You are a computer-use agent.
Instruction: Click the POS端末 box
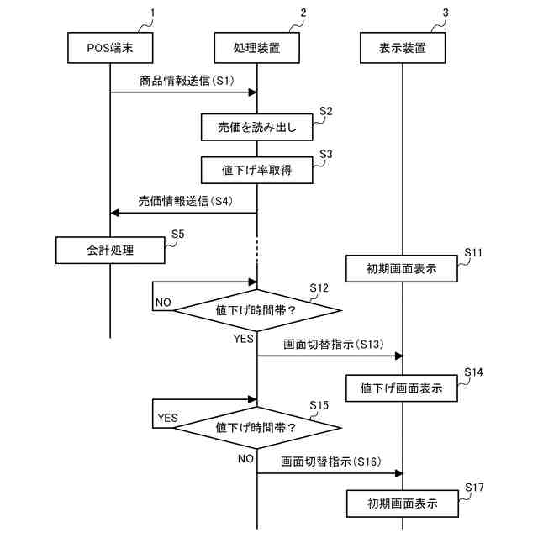click(110, 49)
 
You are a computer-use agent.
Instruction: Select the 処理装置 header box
click(256, 49)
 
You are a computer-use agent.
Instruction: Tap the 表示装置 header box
click(403, 49)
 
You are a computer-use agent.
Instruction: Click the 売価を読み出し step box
click(256, 128)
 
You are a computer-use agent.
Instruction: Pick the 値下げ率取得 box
click(256, 171)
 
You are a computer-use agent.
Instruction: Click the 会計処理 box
click(110, 250)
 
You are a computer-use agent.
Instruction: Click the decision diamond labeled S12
click(256, 310)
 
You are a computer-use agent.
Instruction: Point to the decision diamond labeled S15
click(256, 427)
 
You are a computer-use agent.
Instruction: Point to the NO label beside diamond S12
click(163, 302)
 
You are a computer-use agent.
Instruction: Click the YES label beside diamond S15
click(168, 418)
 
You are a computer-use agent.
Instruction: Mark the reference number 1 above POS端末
click(152, 13)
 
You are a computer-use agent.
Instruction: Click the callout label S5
click(177, 234)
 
